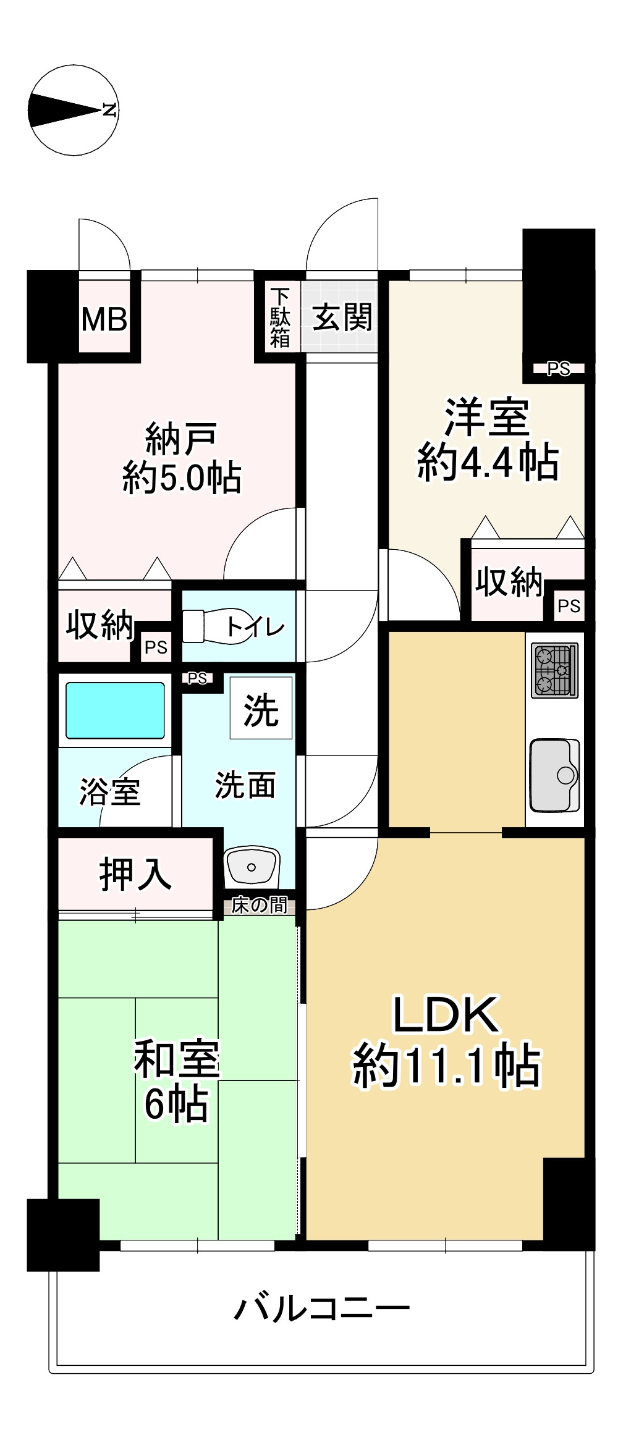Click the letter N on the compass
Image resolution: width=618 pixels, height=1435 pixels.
(x=110, y=111)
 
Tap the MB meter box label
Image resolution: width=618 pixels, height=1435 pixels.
(x=104, y=319)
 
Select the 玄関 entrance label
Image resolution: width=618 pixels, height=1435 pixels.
(x=342, y=318)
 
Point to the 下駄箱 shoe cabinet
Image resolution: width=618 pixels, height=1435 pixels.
(x=280, y=318)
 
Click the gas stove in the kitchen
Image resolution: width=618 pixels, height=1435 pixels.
(x=554, y=670)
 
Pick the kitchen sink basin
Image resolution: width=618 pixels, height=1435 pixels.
(x=554, y=775)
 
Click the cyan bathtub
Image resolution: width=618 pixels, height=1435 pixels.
(x=115, y=710)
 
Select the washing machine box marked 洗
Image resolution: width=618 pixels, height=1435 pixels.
(x=261, y=708)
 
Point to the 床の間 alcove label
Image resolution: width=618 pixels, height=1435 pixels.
(x=259, y=906)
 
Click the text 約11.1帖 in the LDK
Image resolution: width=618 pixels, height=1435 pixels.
(x=446, y=1066)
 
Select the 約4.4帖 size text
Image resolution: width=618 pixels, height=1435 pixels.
(x=488, y=462)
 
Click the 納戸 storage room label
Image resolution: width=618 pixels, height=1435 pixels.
(x=181, y=438)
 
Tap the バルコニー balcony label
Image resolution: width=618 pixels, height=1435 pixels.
(x=321, y=1308)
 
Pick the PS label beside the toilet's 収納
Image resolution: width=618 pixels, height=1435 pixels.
(x=156, y=647)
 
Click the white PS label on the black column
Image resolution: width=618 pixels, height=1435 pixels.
(x=558, y=369)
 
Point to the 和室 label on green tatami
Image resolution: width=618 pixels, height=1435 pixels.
(x=177, y=1058)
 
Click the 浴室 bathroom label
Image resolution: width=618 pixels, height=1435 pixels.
(x=110, y=791)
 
